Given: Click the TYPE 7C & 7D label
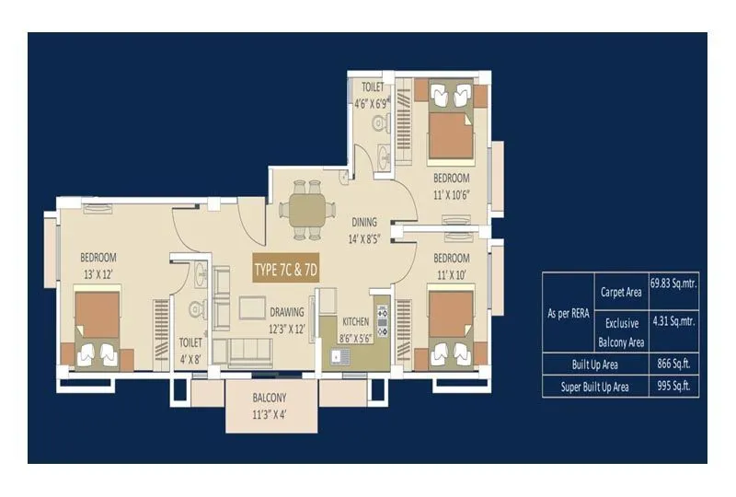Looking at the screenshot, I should click(286, 270).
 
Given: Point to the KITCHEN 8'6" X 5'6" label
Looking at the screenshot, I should click(355, 330).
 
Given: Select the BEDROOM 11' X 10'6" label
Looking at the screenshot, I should click(452, 186).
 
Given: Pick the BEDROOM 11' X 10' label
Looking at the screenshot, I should click(452, 265).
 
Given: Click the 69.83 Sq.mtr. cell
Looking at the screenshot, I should click(673, 284).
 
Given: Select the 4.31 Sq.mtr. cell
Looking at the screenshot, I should click(673, 323).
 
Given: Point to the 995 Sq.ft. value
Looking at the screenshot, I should click(673, 387).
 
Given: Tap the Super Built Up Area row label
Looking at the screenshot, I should click(595, 387).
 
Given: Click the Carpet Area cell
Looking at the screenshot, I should click(622, 292).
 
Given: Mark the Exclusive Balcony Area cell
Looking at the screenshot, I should click(622, 333).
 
